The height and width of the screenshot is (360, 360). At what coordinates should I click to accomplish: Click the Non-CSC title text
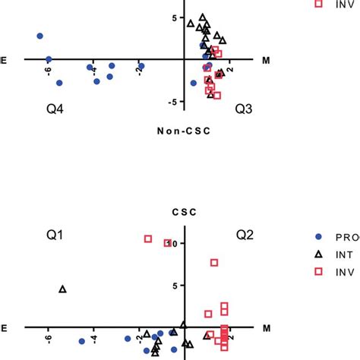click(185, 130)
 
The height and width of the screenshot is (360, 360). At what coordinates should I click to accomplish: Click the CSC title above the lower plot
click(185, 213)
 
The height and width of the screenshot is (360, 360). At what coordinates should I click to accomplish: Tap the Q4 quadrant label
click(55, 110)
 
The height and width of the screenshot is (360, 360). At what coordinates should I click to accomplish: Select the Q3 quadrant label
click(244, 110)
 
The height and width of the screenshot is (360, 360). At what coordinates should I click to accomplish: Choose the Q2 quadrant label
click(244, 235)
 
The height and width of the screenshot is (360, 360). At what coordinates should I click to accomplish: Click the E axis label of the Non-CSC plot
click(4, 59)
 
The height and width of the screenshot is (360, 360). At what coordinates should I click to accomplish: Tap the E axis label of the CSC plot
click(4, 328)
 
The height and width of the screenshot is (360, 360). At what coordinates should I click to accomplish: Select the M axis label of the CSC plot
click(267, 328)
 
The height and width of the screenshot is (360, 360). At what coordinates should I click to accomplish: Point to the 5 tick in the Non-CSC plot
click(173, 17)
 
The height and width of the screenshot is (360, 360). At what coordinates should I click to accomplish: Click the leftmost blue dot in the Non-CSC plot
click(39, 36)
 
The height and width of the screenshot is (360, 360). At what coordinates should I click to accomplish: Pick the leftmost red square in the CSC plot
click(148, 238)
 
